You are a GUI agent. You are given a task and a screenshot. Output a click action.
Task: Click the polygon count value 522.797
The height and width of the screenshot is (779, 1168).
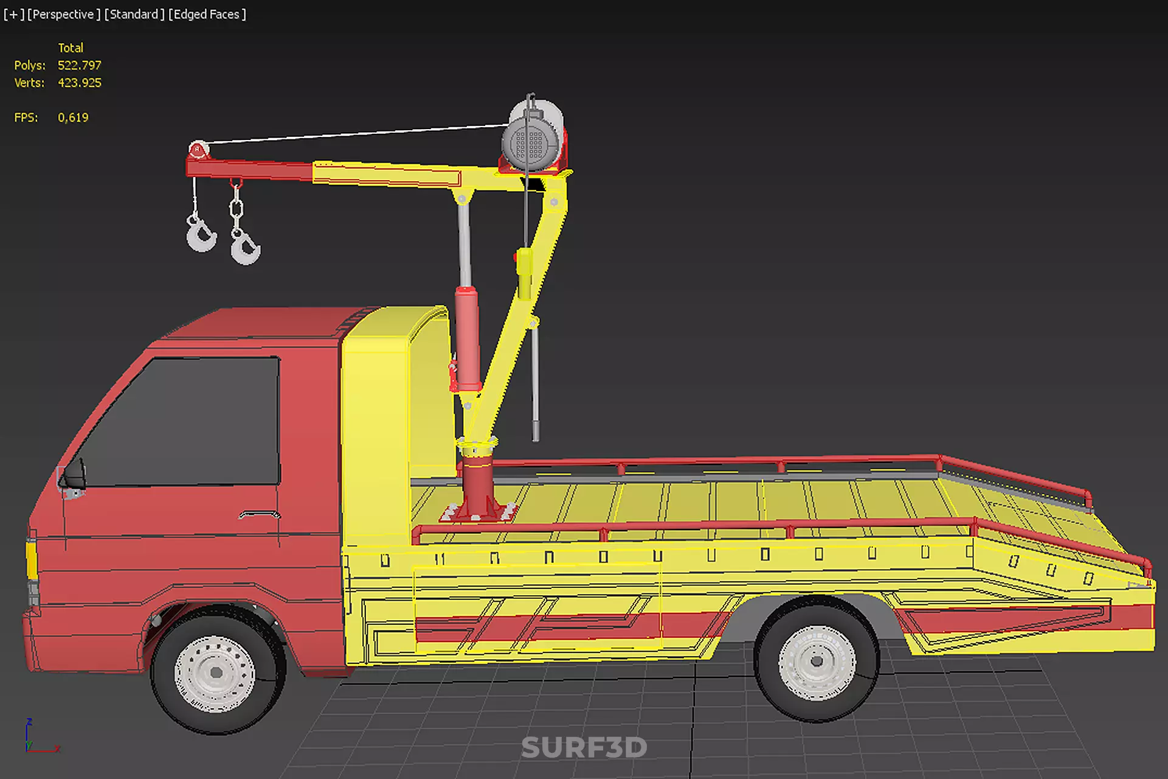pyautogui.click(x=79, y=65)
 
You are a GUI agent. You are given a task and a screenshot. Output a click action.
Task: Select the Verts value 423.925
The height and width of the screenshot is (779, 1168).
pyautogui.click(x=79, y=83)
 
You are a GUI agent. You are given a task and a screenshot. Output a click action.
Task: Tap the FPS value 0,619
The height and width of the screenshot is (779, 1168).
pyautogui.click(x=73, y=117)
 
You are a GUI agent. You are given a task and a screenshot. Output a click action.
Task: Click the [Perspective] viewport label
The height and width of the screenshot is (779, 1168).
pyautogui.click(x=64, y=14)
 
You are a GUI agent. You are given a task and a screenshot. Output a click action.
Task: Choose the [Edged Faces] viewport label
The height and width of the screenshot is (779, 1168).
pyautogui.click(x=207, y=14)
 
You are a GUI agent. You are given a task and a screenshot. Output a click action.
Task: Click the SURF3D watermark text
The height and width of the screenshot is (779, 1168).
pyautogui.click(x=584, y=747)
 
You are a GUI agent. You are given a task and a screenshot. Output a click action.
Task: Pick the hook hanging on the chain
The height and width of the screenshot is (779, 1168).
pyautogui.click(x=244, y=247)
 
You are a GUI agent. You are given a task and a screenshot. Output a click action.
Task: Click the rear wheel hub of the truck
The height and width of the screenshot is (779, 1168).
pyautogui.click(x=817, y=662)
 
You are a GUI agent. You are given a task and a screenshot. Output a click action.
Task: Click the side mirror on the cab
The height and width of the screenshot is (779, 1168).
pyautogui.click(x=74, y=475)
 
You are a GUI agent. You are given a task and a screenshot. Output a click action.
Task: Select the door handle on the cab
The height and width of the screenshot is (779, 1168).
pyautogui.click(x=259, y=515)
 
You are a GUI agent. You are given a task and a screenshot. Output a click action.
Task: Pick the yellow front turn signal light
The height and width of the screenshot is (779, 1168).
pyautogui.click(x=30, y=559)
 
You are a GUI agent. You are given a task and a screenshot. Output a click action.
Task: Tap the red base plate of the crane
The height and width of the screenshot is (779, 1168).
pyautogui.click(x=478, y=512)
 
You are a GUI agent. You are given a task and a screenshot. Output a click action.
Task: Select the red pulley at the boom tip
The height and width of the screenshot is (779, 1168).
pyautogui.click(x=198, y=149)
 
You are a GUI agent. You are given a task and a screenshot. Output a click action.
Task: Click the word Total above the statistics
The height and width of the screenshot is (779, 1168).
pyautogui.click(x=71, y=47)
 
